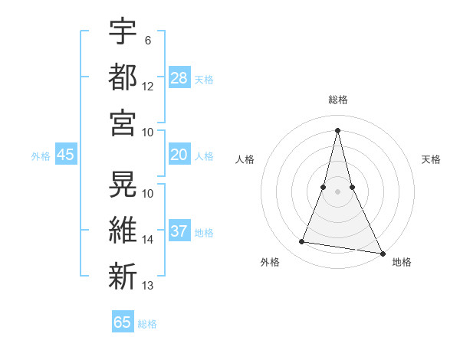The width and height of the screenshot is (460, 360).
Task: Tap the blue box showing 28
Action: coord(179,77)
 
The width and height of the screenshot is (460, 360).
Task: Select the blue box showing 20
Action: coord(179,155)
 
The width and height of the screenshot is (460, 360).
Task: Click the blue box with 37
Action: coord(179,231)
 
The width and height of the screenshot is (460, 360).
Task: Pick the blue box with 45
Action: coord(66,155)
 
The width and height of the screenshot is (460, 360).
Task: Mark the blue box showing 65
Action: coord(123,322)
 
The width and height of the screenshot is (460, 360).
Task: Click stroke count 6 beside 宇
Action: coord(148,40)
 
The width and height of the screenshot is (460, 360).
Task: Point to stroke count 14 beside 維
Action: coord(148,240)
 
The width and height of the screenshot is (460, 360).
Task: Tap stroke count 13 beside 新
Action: coord(148,286)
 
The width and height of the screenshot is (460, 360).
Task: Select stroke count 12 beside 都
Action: coord(148,86)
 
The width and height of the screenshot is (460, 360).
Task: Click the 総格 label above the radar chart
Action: coord(337,100)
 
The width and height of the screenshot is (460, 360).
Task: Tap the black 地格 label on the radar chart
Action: coord(402,263)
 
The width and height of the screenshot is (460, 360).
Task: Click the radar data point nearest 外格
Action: coord(302,242)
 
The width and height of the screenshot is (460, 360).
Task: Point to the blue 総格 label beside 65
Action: coord(147,324)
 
